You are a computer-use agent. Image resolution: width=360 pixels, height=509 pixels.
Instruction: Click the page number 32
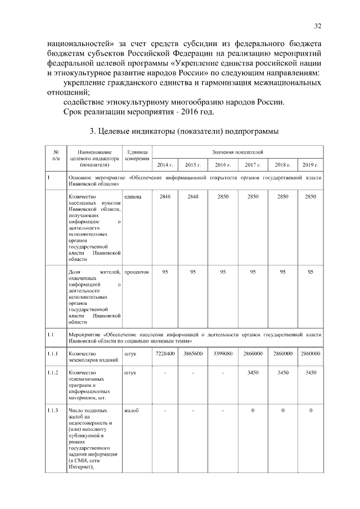(317, 26)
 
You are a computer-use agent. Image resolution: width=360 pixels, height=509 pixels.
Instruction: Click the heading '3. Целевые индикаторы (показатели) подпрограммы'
(184, 132)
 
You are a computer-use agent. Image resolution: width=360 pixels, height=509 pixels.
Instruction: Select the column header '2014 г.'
(165, 165)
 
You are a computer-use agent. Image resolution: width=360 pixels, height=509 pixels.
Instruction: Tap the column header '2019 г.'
(310, 165)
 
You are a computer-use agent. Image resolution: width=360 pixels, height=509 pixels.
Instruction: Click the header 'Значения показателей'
(237, 152)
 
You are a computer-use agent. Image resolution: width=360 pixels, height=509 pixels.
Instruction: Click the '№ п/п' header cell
(56, 155)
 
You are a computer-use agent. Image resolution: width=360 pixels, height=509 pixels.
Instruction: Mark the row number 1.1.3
(54, 411)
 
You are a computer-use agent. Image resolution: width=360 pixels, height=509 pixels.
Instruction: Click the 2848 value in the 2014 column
(165, 196)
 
